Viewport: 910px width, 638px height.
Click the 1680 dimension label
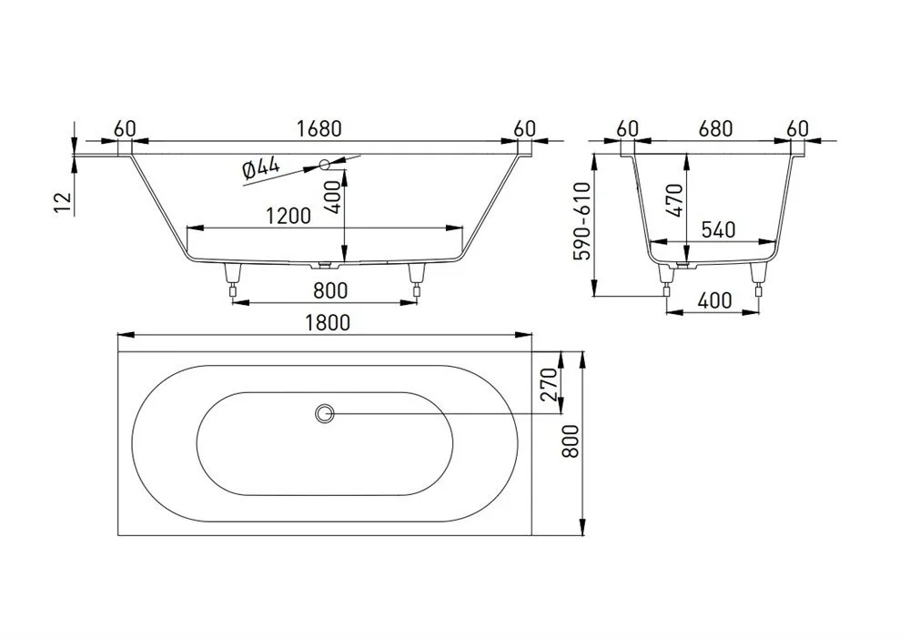319,128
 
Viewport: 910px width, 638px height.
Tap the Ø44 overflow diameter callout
260,169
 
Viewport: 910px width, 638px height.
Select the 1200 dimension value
288,216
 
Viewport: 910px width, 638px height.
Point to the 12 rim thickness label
63,203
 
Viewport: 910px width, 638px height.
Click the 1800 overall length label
328,322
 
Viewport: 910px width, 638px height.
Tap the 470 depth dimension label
674,200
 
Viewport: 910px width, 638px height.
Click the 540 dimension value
719,230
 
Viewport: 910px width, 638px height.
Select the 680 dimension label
715,128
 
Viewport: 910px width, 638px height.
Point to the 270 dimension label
549,384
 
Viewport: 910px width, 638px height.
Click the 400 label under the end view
714,300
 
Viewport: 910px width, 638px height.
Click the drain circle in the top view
325,414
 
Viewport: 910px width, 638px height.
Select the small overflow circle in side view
325,165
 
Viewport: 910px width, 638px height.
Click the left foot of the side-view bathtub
233,279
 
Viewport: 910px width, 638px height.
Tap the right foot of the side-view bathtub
416,279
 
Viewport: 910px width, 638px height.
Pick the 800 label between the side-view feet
330,290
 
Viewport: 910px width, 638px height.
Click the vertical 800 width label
571,441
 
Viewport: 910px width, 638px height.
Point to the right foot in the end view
757,279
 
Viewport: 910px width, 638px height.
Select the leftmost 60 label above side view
124,128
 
